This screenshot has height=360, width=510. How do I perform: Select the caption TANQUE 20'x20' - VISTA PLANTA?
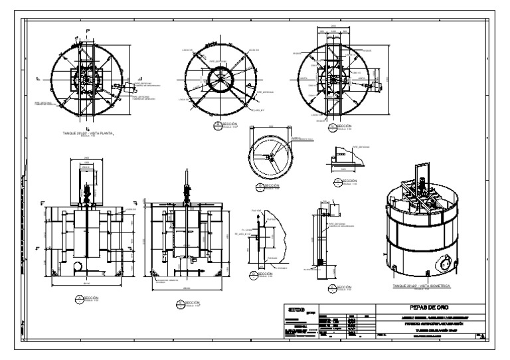point(88,133)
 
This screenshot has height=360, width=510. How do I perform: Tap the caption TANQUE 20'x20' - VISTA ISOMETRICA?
point(422,285)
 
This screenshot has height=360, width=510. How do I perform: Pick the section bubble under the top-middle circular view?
point(217,125)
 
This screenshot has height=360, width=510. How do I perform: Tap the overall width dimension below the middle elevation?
point(187,288)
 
